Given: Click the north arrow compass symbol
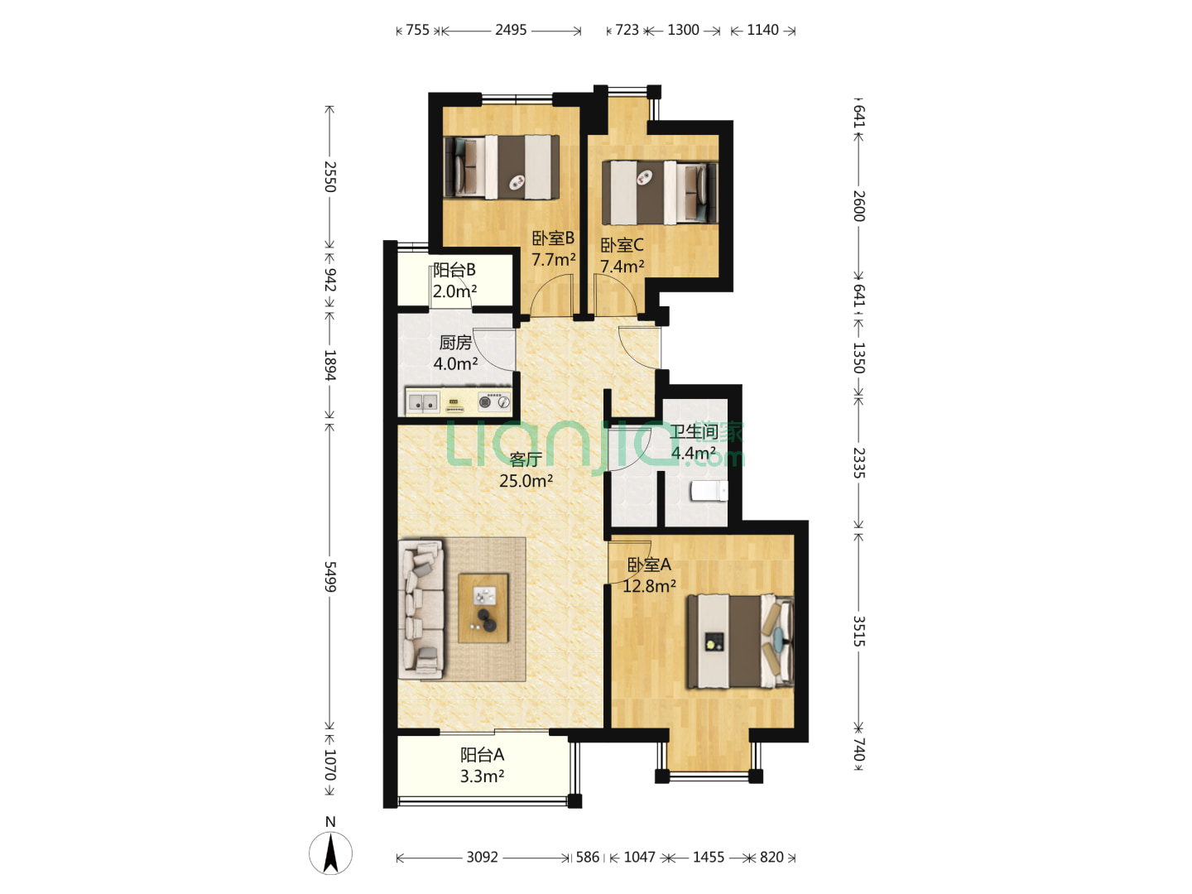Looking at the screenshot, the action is [330, 853].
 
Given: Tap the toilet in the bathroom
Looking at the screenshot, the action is [709, 491].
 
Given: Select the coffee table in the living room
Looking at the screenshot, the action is [483, 608].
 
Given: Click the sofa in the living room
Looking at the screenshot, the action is [421, 609].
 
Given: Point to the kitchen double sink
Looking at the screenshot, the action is [423, 403].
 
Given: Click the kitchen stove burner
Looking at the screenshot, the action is [494, 402].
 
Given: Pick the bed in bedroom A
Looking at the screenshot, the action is [740, 642].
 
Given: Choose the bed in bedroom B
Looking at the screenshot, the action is [502, 167].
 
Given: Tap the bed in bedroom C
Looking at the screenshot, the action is [660, 192].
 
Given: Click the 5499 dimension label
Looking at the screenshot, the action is [329, 576].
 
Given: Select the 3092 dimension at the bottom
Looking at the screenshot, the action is [483, 857].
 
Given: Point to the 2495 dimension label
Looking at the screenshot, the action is [511, 30].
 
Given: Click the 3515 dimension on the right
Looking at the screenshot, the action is [858, 631].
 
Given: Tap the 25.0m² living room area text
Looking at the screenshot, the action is [526, 481].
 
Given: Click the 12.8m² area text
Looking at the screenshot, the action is [649, 586].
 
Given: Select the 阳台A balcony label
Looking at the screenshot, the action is [483, 754].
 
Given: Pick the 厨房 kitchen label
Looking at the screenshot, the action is [455, 343].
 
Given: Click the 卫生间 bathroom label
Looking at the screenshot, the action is [694, 432].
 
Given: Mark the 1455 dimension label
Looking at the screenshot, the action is [708, 857].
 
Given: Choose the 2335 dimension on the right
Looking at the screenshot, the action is [858, 463].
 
